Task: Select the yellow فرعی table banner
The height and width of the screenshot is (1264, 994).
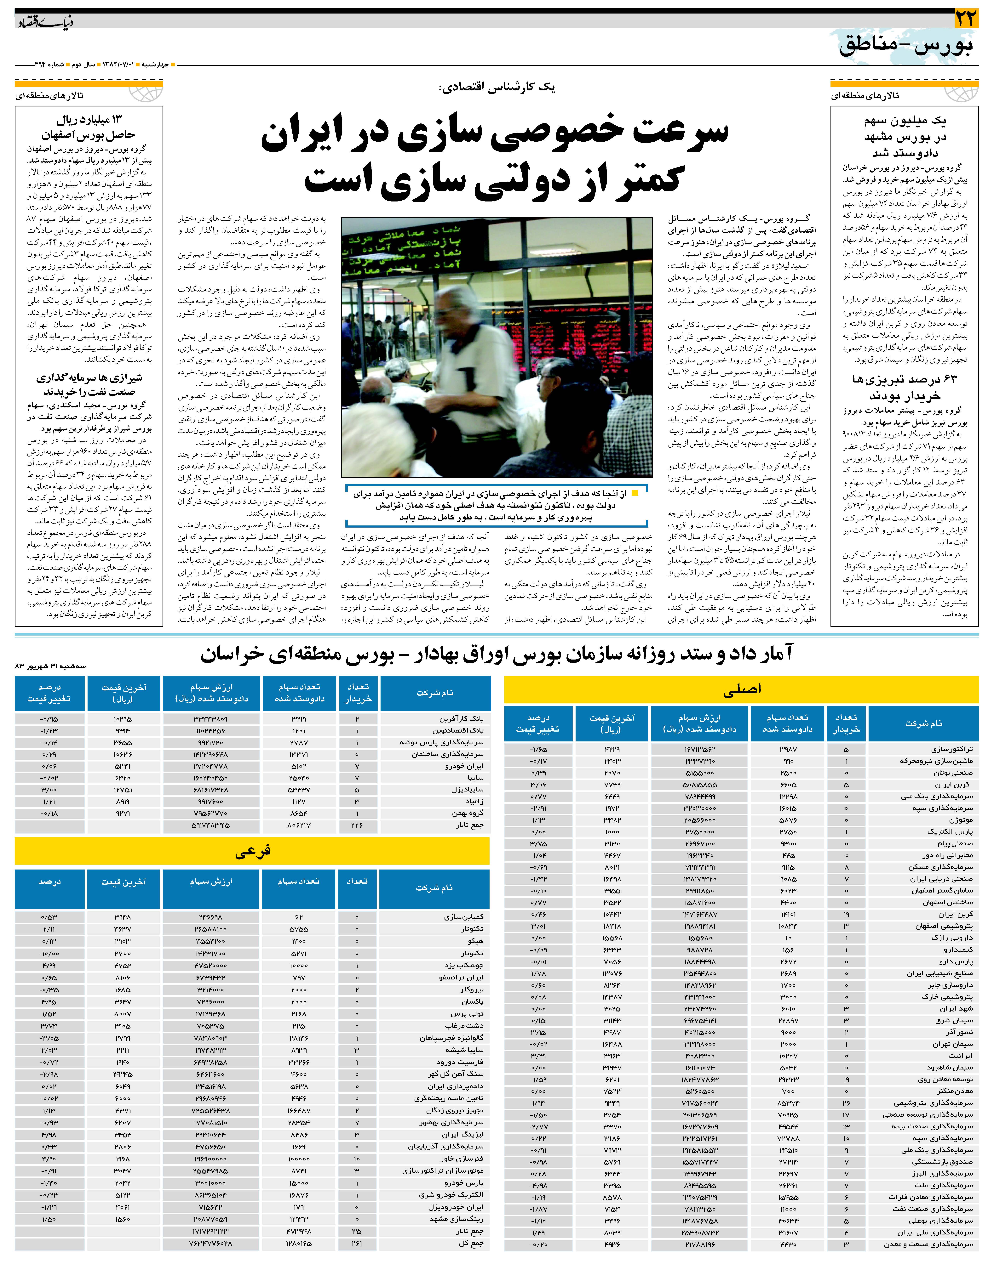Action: point(252,852)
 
